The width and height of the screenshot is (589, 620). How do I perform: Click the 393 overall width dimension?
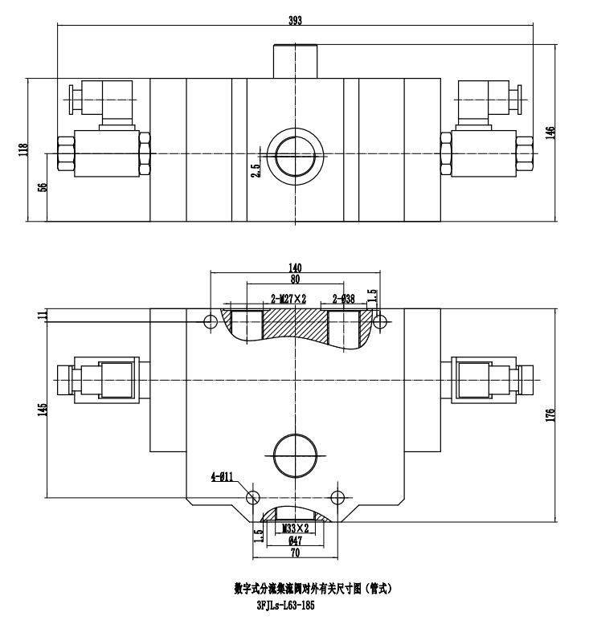pos(295,20)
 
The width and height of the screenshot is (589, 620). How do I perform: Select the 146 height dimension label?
pos(550,132)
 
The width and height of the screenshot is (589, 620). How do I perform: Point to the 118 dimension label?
pos(23,149)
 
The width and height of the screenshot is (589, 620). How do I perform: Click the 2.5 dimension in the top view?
pos(255,171)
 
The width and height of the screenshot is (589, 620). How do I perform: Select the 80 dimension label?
pos(295,280)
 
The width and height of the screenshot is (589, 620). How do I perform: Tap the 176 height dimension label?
pos(550,416)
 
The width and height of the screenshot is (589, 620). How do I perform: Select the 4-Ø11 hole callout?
pos(222,477)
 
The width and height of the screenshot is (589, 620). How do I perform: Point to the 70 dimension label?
pos(295,553)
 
